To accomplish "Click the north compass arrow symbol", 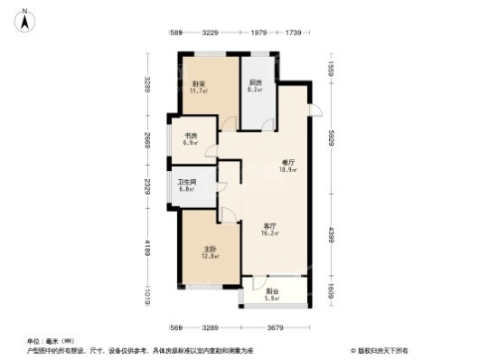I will coord(27,15).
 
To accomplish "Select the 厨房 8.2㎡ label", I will coord(256,87).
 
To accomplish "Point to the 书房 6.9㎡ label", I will coord(191,140).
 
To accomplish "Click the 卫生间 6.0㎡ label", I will coord(186,185).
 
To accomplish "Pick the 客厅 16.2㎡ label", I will coord(269,229).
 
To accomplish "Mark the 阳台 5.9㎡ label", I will coord(272,294).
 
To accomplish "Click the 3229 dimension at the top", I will coord(211,33).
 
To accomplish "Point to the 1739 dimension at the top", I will coord(293,33).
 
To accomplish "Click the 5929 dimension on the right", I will coord(331,137).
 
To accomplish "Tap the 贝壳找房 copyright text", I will coord(377,350).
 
